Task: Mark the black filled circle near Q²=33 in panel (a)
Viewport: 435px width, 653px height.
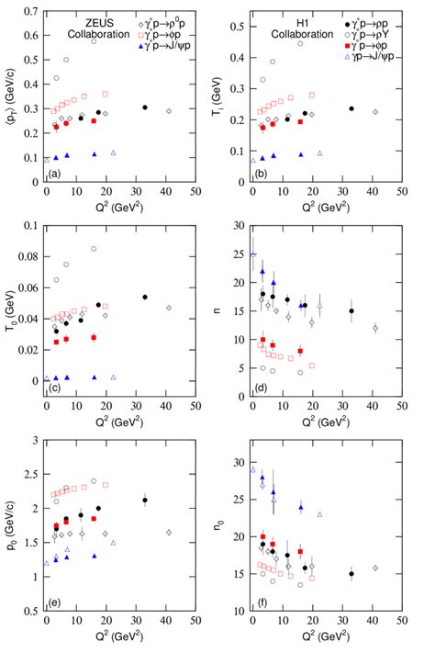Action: pyautogui.click(x=145, y=107)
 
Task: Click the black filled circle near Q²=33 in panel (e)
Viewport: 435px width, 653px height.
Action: pyautogui.click(x=145, y=501)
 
